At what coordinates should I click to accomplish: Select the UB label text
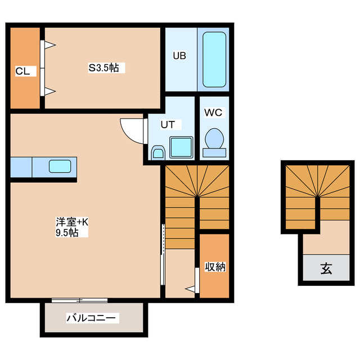tap(179, 56)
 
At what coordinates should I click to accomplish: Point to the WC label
tap(213, 112)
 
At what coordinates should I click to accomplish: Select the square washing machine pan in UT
tap(181, 147)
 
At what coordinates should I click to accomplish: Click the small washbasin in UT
tap(158, 152)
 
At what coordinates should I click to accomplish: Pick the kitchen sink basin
tap(60, 166)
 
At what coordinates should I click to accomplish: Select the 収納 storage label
tap(215, 267)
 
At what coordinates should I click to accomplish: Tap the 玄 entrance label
tap(326, 269)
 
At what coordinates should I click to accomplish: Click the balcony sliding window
tap(79, 300)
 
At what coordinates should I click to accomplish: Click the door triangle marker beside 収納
tap(192, 289)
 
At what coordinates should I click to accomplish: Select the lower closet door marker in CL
tap(49, 91)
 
